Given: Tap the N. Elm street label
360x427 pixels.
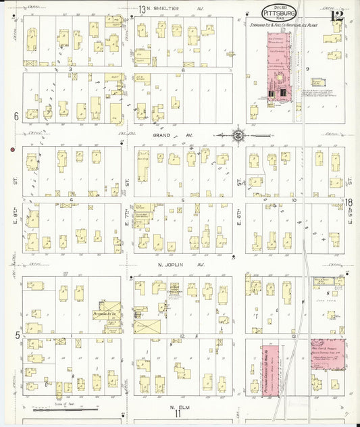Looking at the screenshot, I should coord(177,407).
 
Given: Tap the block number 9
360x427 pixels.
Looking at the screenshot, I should coord(307,69).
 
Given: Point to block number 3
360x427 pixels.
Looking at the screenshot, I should coord(70,69).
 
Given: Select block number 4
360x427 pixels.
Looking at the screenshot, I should coord(70,200).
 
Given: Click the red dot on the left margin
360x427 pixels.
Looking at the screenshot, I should coord(11,149).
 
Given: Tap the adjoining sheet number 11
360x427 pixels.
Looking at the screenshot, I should coord(178,415).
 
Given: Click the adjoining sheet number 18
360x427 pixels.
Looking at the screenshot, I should coord(350,202).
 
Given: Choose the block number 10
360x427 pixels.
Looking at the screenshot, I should coord(294,200).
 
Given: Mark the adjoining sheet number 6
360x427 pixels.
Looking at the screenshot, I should coord(15,116).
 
